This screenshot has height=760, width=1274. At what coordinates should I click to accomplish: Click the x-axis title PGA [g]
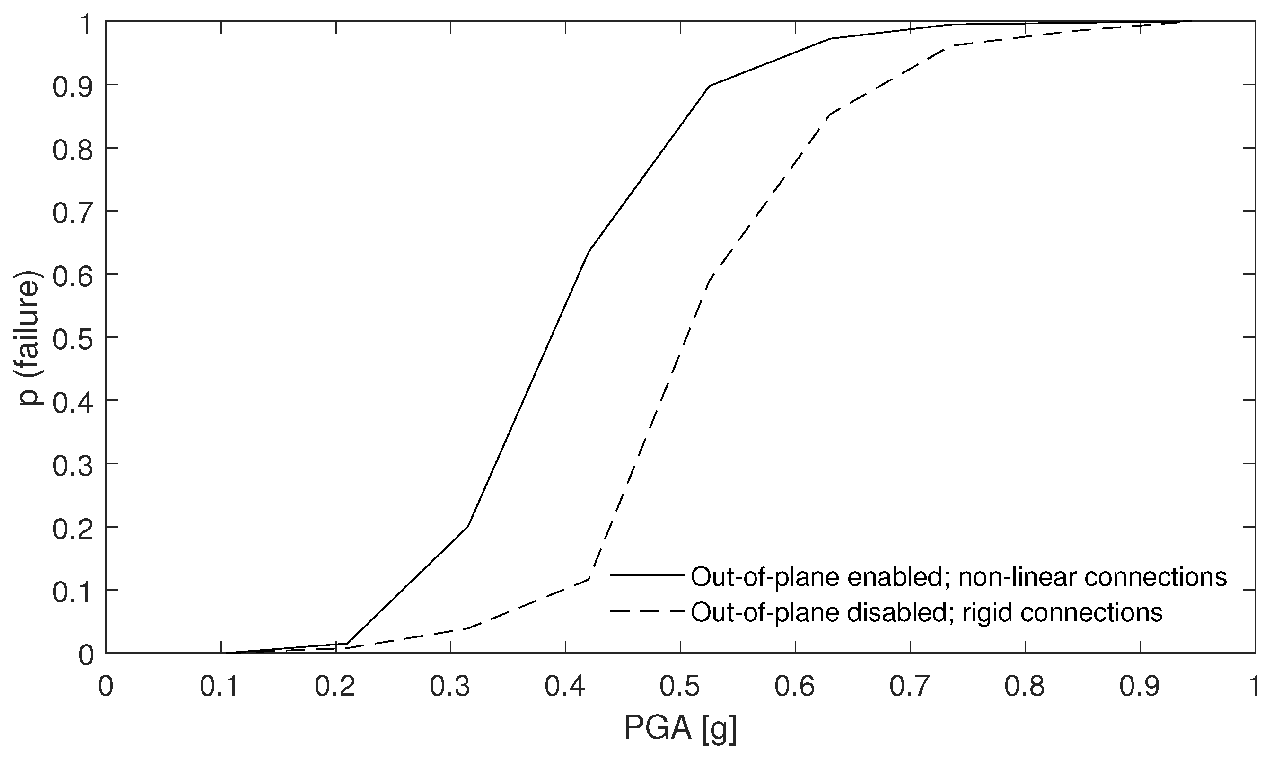point(680,728)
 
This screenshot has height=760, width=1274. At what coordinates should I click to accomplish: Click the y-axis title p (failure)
point(31,337)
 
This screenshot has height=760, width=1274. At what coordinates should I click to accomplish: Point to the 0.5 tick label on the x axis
point(680,687)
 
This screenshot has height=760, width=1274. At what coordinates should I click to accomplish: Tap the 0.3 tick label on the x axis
point(450,687)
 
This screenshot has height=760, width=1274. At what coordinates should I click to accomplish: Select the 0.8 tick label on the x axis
point(1025,687)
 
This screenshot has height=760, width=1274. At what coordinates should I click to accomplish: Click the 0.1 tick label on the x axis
point(220,687)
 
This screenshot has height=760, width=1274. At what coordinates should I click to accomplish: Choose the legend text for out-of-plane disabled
point(926,612)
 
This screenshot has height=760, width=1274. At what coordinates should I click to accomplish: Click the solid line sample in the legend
point(648,575)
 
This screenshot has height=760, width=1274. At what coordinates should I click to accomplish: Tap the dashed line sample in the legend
point(648,611)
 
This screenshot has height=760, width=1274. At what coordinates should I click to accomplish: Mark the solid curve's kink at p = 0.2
point(468,527)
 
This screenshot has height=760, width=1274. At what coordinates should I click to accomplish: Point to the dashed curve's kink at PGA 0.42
point(589,579)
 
